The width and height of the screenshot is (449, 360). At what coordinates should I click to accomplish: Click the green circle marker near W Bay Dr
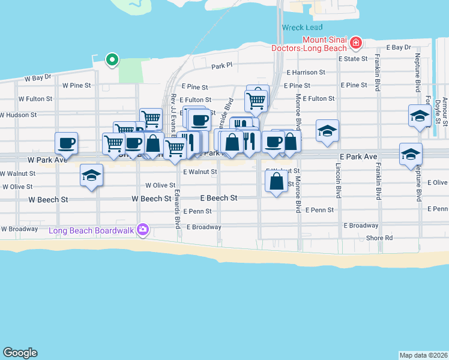click(112, 59)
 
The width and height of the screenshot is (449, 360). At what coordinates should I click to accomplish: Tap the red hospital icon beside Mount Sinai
click(356, 42)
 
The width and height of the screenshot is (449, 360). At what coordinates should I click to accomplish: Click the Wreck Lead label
click(302, 28)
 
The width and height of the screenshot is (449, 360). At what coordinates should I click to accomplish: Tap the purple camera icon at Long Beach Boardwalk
click(143, 229)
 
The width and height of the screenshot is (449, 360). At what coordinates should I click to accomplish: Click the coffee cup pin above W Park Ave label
click(67, 143)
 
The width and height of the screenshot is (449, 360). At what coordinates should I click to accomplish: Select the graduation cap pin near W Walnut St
click(91, 175)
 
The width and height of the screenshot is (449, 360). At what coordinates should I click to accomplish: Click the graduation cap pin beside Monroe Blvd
click(327, 131)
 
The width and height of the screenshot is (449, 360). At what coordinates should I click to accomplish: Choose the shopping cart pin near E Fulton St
click(256, 100)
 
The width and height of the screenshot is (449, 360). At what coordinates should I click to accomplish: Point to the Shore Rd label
click(380, 238)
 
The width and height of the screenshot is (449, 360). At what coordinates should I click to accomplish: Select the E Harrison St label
click(306, 72)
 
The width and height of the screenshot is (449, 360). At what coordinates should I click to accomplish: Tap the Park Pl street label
click(221, 65)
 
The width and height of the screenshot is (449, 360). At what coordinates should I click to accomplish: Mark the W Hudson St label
click(19, 114)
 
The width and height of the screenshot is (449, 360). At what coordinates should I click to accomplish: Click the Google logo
click(20, 353)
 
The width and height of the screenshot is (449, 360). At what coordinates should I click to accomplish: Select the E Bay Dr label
click(398, 47)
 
